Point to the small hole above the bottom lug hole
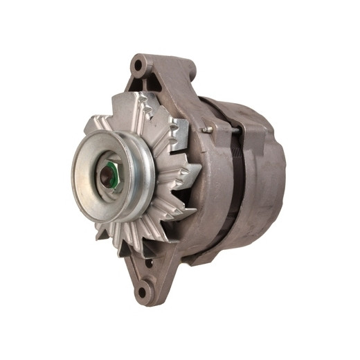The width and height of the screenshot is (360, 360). tap(148, 262)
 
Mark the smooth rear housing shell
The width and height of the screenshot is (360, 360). tap(267, 187)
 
